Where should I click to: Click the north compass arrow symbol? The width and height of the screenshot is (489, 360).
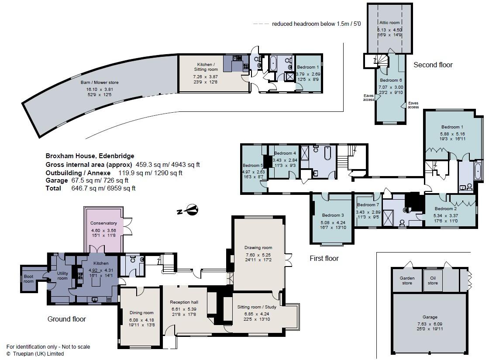pos(188,211)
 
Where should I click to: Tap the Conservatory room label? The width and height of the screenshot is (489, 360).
pos(103,223)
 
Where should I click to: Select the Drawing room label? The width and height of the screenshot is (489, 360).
pos(258,248)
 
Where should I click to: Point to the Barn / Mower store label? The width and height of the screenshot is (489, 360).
pos(100,83)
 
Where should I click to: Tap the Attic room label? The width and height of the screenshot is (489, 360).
pos(389,22)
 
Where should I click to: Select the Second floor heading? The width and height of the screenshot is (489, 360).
pos(433,65)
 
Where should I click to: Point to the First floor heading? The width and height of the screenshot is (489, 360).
pos(324,258)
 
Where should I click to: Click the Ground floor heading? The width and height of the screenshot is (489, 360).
pos(66,319)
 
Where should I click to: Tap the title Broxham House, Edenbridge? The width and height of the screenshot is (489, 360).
pos(90,156)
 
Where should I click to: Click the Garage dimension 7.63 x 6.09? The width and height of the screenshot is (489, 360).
pos(430,324)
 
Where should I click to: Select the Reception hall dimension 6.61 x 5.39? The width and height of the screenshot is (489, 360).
pos(184,309)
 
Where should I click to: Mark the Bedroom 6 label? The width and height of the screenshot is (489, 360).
pos(391,80)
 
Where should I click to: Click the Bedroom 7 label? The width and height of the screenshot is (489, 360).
pos(368,204)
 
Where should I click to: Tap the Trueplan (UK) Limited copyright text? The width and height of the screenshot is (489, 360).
pos(35,354)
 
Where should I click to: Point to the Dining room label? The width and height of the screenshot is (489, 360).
pos(141,312)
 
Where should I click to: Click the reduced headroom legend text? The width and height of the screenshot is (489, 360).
pos(316,24)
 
